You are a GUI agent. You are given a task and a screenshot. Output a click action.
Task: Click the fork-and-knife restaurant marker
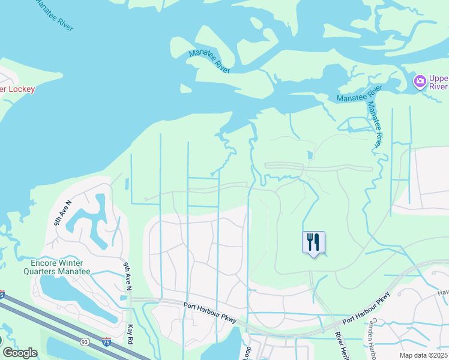tap(313, 242)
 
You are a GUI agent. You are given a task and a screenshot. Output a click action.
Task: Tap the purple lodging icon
tap(420, 81)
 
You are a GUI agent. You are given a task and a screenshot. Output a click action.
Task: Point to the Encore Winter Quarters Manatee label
tap(61, 267)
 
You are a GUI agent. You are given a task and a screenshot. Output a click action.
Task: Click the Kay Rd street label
tap(131, 335)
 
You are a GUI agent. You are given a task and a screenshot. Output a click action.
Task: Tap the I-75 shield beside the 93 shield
tap(106, 341)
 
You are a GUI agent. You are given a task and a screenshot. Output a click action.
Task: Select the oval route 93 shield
tap(85, 341)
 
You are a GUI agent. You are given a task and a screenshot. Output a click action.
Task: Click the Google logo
tap(19, 353)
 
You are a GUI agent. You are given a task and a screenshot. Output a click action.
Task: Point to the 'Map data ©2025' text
tap(423, 355)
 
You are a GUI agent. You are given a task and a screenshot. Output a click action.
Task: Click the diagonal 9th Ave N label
tap(62, 212)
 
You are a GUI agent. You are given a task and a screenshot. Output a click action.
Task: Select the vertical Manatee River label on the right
tap(374, 125)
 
